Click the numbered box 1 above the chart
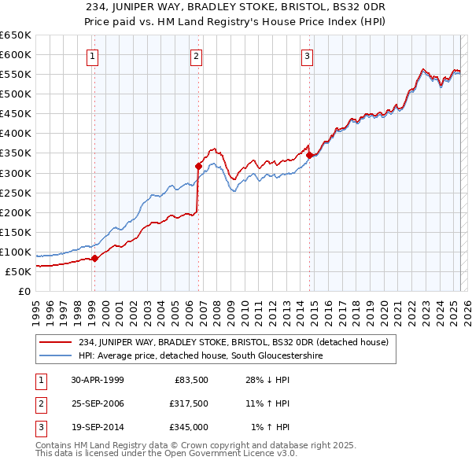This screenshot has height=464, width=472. click(94, 56)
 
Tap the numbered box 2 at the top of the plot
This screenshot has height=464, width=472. click(196, 56)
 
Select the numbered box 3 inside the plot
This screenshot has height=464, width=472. click(307, 56)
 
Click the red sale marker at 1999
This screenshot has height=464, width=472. click(94, 258)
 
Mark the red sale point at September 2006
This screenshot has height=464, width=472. click(198, 165)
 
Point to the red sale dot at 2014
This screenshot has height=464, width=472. click(309, 155)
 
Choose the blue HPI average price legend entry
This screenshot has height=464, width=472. click(201, 356)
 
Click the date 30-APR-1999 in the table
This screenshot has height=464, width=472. click(98, 380)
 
